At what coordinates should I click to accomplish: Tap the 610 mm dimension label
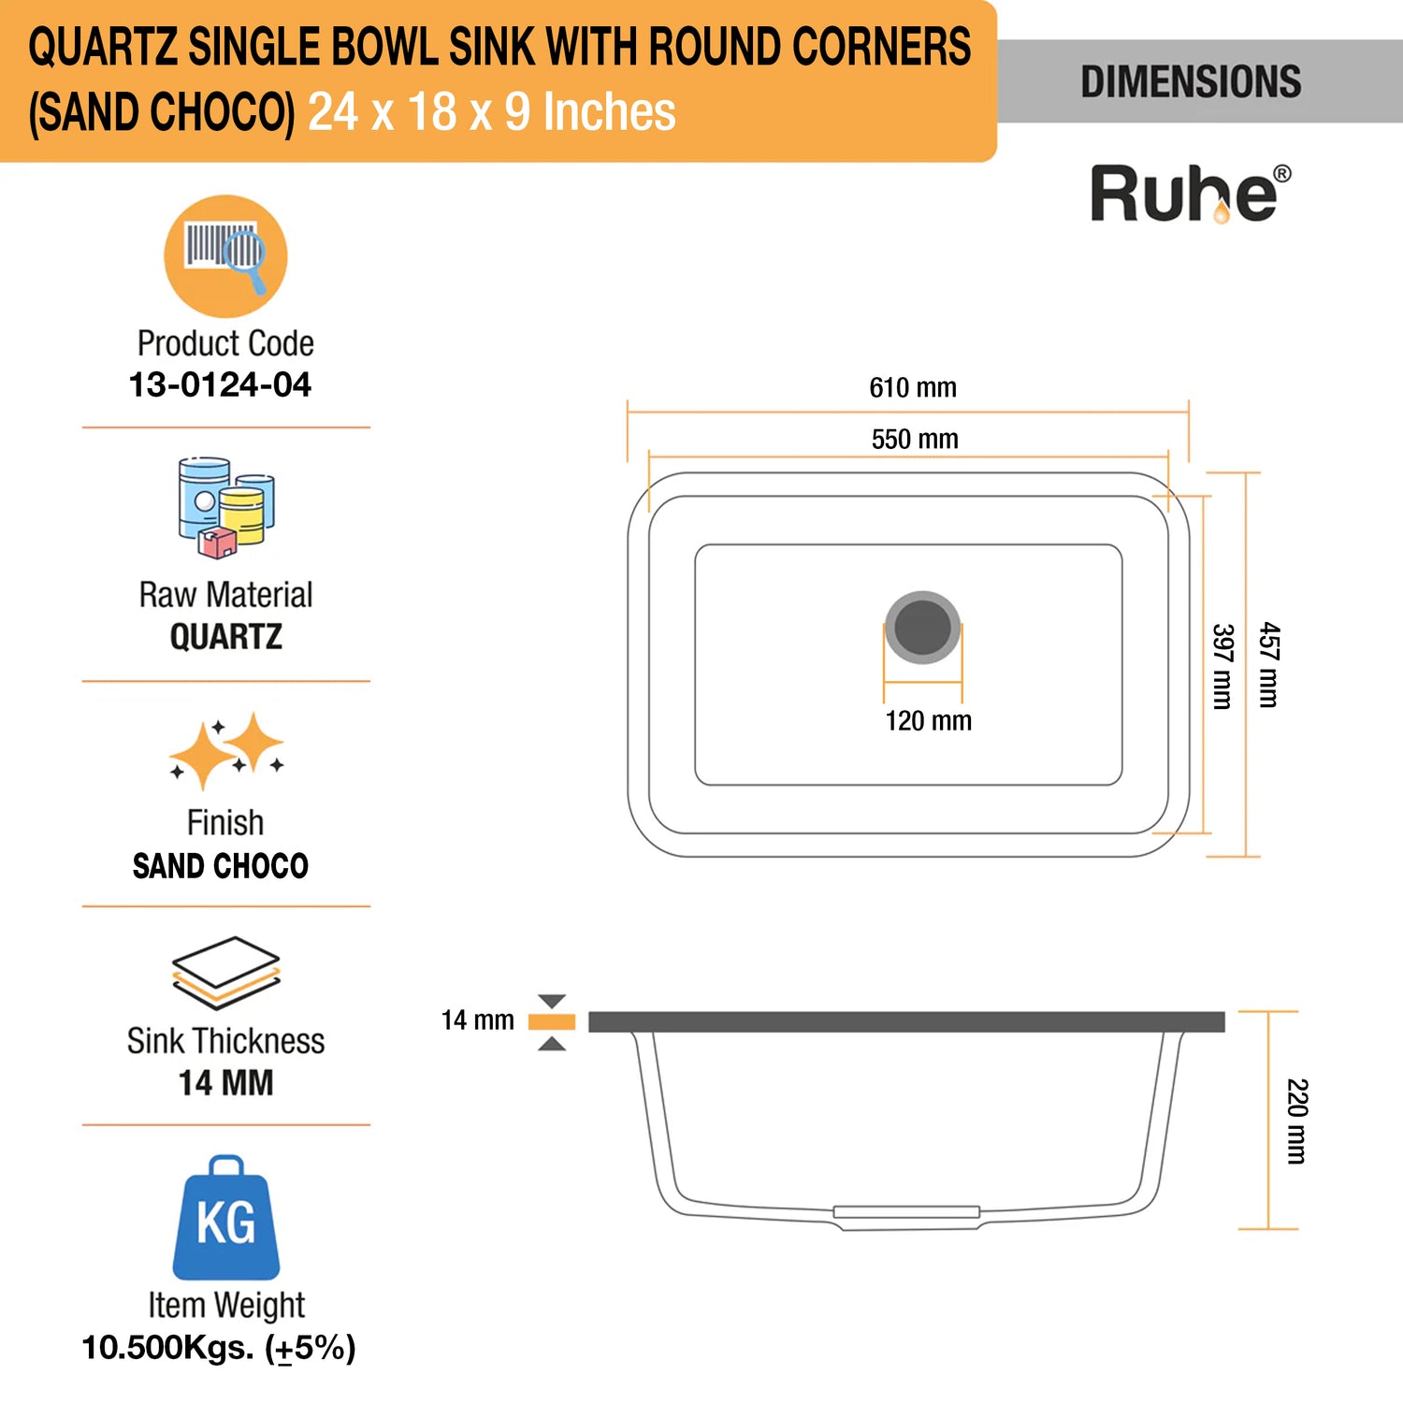point(913,387)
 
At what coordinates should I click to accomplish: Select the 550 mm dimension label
point(915,439)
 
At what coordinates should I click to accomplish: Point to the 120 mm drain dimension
point(928,720)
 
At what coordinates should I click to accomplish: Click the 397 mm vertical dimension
point(1222,666)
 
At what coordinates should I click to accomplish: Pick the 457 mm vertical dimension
point(1268,664)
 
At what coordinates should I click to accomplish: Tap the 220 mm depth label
point(1296,1121)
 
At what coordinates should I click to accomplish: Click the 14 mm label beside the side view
point(477,1020)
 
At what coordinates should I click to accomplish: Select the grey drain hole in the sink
point(922,627)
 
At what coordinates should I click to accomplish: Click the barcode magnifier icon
point(225,256)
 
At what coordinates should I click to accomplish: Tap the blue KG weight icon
point(226,1218)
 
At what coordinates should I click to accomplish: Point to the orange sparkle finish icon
point(226,750)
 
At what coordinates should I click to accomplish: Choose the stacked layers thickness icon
point(226,973)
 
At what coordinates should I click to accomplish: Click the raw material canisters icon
point(226,508)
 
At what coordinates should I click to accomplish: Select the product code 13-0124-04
point(220,384)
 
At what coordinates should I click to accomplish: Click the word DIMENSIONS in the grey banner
point(1191,81)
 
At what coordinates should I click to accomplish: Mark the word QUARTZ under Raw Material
point(225,637)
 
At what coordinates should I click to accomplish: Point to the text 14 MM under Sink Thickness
point(225,1082)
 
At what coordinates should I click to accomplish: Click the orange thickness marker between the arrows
point(552,1021)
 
